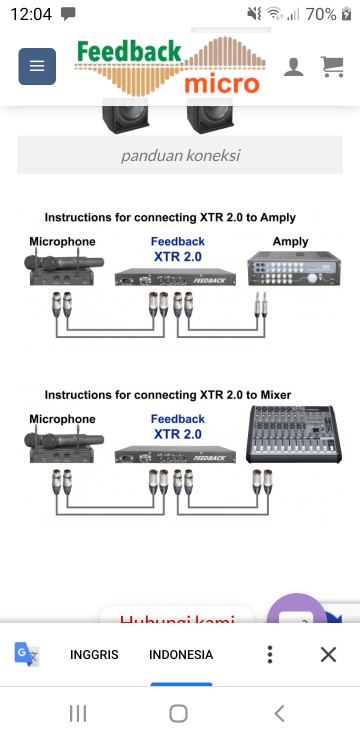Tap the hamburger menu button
click(37, 66)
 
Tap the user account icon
click(294, 67)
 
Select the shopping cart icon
click(331, 67)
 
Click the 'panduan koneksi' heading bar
click(180, 156)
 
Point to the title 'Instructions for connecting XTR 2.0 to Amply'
click(169, 217)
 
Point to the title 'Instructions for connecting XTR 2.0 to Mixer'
click(167, 395)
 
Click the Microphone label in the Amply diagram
click(62, 242)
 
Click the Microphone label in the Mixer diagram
click(62, 419)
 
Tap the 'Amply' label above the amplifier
click(290, 242)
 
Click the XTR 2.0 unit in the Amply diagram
click(178, 277)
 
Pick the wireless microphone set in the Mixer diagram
click(66, 445)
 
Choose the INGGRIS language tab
click(94, 655)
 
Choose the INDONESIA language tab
click(181, 655)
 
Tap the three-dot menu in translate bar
click(269, 654)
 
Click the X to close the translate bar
click(328, 654)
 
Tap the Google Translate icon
click(27, 654)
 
